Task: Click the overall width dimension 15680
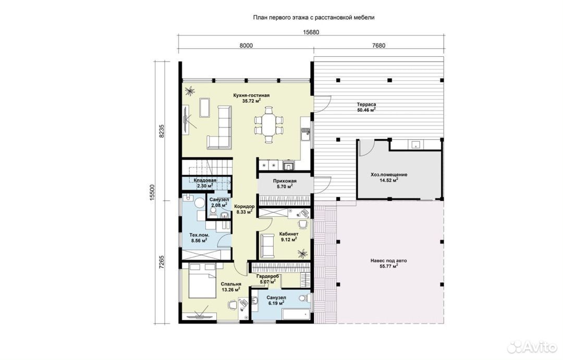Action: click(x=311, y=32)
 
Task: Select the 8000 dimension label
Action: click(x=246, y=45)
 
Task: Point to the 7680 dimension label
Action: click(x=378, y=45)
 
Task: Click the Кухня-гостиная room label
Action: click(x=251, y=95)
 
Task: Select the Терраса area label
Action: click(x=366, y=104)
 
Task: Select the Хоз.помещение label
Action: click(x=389, y=175)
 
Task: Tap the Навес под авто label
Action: click(x=389, y=260)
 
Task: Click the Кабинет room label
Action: click(x=289, y=234)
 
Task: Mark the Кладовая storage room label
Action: click(x=205, y=180)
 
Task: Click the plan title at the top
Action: click(x=314, y=17)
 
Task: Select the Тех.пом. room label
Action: click(x=199, y=235)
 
